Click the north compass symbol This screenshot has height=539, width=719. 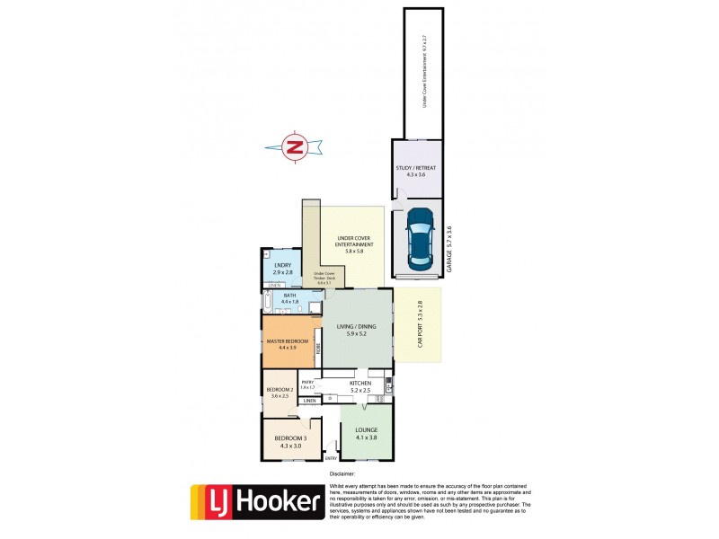(x=294, y=146)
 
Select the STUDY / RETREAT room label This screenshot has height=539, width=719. (x=415, y=171)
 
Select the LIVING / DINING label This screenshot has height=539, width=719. (x=351, y=329)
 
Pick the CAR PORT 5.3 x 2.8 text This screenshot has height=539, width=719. (x=419, y=324)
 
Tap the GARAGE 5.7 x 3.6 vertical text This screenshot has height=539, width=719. (x=449, y=249)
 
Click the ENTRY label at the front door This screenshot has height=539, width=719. (x=331, y=458)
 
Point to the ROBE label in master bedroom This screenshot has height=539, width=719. (x=315, y=344)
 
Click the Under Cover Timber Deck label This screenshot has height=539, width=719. (x=324, y=277)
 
